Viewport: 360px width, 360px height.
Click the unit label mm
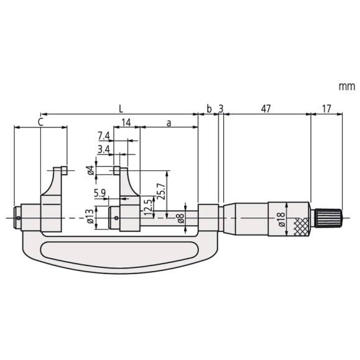click(347, 87)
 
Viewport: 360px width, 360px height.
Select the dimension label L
click(121, 109)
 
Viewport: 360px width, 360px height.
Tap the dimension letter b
click(209, 108)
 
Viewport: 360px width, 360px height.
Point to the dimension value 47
click(266, 109)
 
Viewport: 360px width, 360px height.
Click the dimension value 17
click(326, 109)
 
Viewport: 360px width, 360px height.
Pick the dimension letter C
click(40, 122)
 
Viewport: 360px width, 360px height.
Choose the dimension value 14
click(126, 122)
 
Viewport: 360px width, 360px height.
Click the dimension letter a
click(168, 123)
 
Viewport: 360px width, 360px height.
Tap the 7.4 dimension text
click(104, 136)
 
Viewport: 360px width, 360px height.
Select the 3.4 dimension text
click(104, 150)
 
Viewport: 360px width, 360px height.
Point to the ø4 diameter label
click(91, 170)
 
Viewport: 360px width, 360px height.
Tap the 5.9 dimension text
click(100, 193)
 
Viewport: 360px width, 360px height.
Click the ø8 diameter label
click(181, 218)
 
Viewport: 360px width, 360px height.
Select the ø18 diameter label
click(282, 219)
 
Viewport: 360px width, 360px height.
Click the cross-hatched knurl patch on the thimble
click(301, 226)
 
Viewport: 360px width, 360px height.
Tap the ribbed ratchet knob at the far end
click(329, 218)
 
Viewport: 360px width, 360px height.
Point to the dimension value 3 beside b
click(221, 109)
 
